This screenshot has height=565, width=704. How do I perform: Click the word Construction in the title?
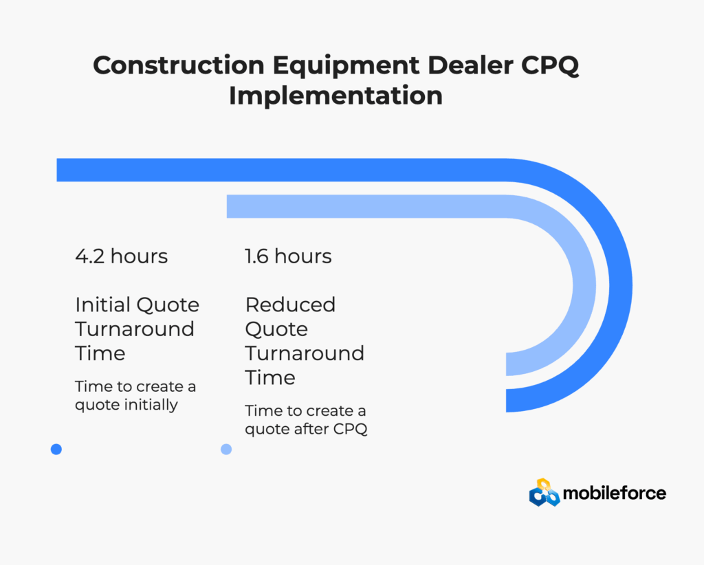(x=179, y=65)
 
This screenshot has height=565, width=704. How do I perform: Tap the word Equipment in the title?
(x=346, y=66)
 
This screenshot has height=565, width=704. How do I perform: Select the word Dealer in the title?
(x=470, y=65)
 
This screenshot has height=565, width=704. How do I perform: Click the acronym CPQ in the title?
(x=550, y=66)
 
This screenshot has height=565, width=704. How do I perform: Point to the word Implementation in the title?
(x=335, y=96)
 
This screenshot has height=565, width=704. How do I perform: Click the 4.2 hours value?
(x=121, y=256)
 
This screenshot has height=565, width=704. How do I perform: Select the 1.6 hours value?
(x=288, y=256)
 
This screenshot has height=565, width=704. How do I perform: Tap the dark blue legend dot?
(x=56, y=450)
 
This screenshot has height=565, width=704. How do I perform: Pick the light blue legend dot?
(x=226, y=450)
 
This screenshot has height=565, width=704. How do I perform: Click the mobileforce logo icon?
(x=544, y=492)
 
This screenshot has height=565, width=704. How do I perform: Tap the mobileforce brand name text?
(x=614, y=494)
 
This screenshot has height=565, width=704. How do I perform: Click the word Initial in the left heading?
(x=103, y=304)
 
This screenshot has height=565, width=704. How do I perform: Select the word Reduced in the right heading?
(x=290, y=304)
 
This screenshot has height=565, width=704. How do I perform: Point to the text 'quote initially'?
(x=126, y=406)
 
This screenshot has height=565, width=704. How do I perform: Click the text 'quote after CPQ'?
(x=306, y=430)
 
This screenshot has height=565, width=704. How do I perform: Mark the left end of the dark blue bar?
(x=57, y=170)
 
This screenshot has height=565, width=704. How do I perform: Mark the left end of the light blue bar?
(x=227, y=206)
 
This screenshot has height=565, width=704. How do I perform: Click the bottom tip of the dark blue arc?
(x=507, y=400)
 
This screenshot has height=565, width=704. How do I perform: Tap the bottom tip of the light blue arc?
(x=507, y=364)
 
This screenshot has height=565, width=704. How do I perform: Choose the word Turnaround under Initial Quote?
(x=135, y=329)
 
